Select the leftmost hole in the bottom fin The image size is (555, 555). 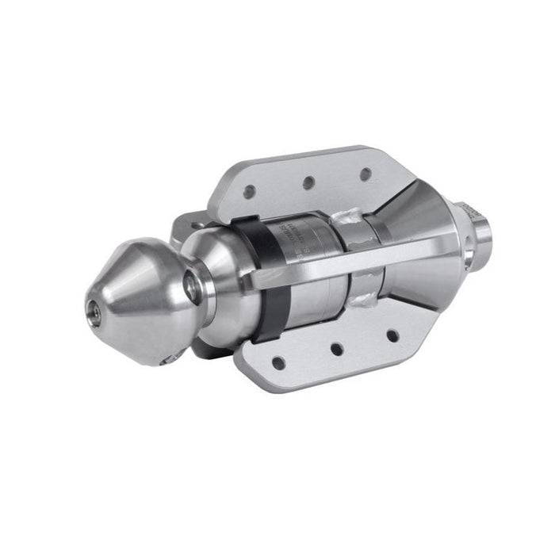click(278, 362)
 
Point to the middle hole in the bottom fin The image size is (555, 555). click(337, 348)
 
